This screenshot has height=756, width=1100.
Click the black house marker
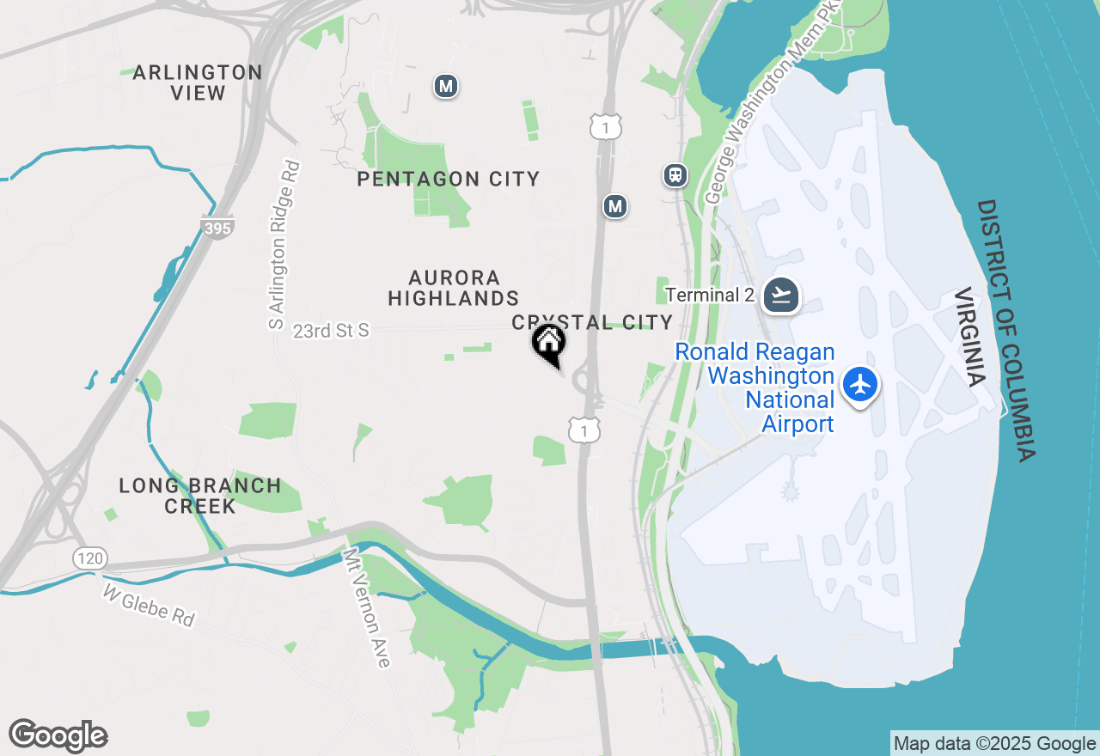point(549,344)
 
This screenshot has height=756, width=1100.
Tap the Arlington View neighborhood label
point(198,82)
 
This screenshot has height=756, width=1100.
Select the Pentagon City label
point(449,179)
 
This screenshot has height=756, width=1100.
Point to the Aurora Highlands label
point(454,288)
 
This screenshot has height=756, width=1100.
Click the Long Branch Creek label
point(200,496)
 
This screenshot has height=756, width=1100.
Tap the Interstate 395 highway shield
point(217,227)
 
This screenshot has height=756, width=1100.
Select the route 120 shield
point(89,559)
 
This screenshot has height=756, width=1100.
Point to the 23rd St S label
point(331,331)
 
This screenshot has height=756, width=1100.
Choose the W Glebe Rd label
point(149,606)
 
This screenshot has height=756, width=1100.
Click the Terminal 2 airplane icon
point(781,295)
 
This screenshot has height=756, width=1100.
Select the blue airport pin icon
point(860,384)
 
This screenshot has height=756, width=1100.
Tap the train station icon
point(676,175)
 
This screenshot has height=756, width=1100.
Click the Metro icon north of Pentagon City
point(445,86)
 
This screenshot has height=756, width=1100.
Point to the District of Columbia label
point(1006,331)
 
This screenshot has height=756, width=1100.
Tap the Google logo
point(58,736)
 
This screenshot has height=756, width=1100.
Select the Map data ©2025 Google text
point(994,744)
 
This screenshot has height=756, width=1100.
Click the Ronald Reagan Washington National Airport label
point(755,387)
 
